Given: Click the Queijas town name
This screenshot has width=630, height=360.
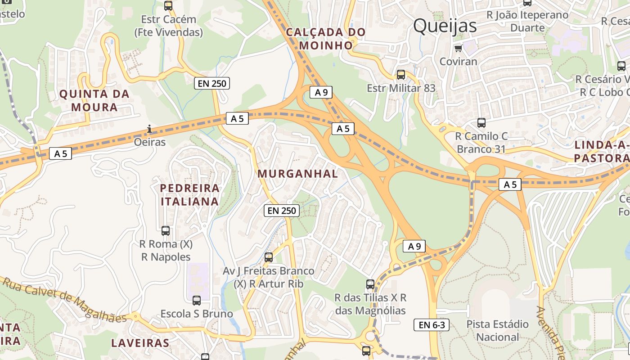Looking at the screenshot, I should coord(445,26).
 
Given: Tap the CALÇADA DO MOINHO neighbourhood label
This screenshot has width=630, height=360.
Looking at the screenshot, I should coord(326,39).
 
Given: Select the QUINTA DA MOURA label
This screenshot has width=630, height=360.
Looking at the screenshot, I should coord(94,101).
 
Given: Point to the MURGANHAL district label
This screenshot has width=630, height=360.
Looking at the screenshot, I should coord(297,174).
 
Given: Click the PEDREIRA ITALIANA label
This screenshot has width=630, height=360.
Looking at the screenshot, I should coord(190,194).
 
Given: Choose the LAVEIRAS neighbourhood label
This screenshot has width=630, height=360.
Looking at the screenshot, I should coord(140,343).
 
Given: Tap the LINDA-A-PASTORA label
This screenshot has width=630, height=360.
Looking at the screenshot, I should coord(602,152).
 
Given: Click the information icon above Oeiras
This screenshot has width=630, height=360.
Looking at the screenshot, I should coord(149,130).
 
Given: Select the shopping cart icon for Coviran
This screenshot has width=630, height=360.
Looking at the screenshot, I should coord(458,48).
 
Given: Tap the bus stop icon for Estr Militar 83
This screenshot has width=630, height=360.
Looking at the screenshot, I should coord(400,75).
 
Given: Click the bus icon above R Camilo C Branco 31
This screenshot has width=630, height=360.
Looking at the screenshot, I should coord(481,122).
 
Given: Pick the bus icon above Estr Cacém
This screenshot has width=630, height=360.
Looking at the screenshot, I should coord(168,6).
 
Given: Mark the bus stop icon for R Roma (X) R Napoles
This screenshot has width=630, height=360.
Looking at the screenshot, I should coord(166,231).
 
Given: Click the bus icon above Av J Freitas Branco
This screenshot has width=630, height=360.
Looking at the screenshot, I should coord(268,257).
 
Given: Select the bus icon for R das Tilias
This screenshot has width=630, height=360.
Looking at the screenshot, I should coord(370,284).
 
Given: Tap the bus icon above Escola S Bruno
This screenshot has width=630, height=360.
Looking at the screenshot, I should coord(197,300).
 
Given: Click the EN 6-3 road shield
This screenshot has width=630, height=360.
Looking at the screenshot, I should coord(431,325).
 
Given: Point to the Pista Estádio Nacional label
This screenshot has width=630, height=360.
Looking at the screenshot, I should coord(497,330).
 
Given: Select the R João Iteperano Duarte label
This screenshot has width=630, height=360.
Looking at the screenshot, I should coord(527,21).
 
